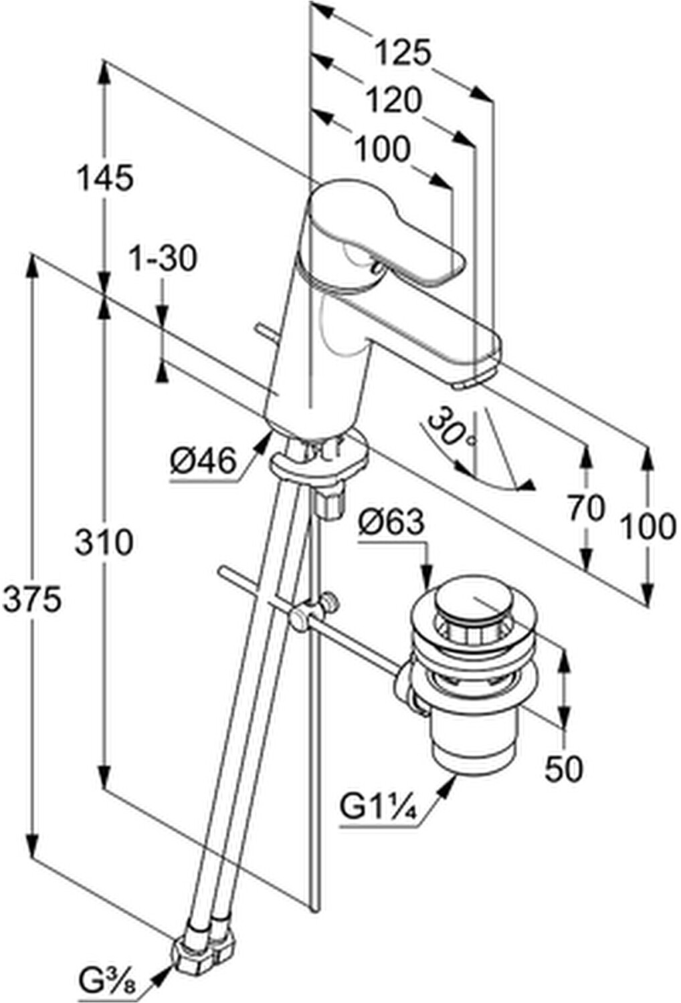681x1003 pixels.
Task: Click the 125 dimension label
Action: tap(402, 53)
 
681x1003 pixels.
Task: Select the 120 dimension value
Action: tap(393, 100)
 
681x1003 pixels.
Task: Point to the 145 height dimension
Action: tap(105, 178)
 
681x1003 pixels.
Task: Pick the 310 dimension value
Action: tap(104, 542)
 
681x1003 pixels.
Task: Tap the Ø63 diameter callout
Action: tap(391, 522)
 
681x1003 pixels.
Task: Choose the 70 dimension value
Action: tap(587, 509)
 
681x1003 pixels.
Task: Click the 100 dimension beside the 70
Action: tap(648, 527)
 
